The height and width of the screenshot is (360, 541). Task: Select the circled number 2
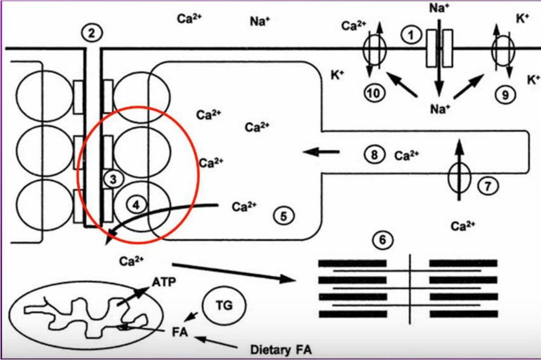tap(92, 34)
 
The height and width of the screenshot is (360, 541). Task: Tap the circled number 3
tap(113, 178)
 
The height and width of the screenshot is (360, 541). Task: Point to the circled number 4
tap(136, 205)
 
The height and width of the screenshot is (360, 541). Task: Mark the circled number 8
tap(374, 155)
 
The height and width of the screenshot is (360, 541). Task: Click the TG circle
tap(224, 306)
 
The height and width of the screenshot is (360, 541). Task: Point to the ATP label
tap(165, 283)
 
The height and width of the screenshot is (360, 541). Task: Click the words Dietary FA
tap(281, 351)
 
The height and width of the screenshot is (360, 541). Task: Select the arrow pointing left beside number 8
tap(321, 152)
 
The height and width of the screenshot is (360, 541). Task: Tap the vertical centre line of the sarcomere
tap(410, 289)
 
